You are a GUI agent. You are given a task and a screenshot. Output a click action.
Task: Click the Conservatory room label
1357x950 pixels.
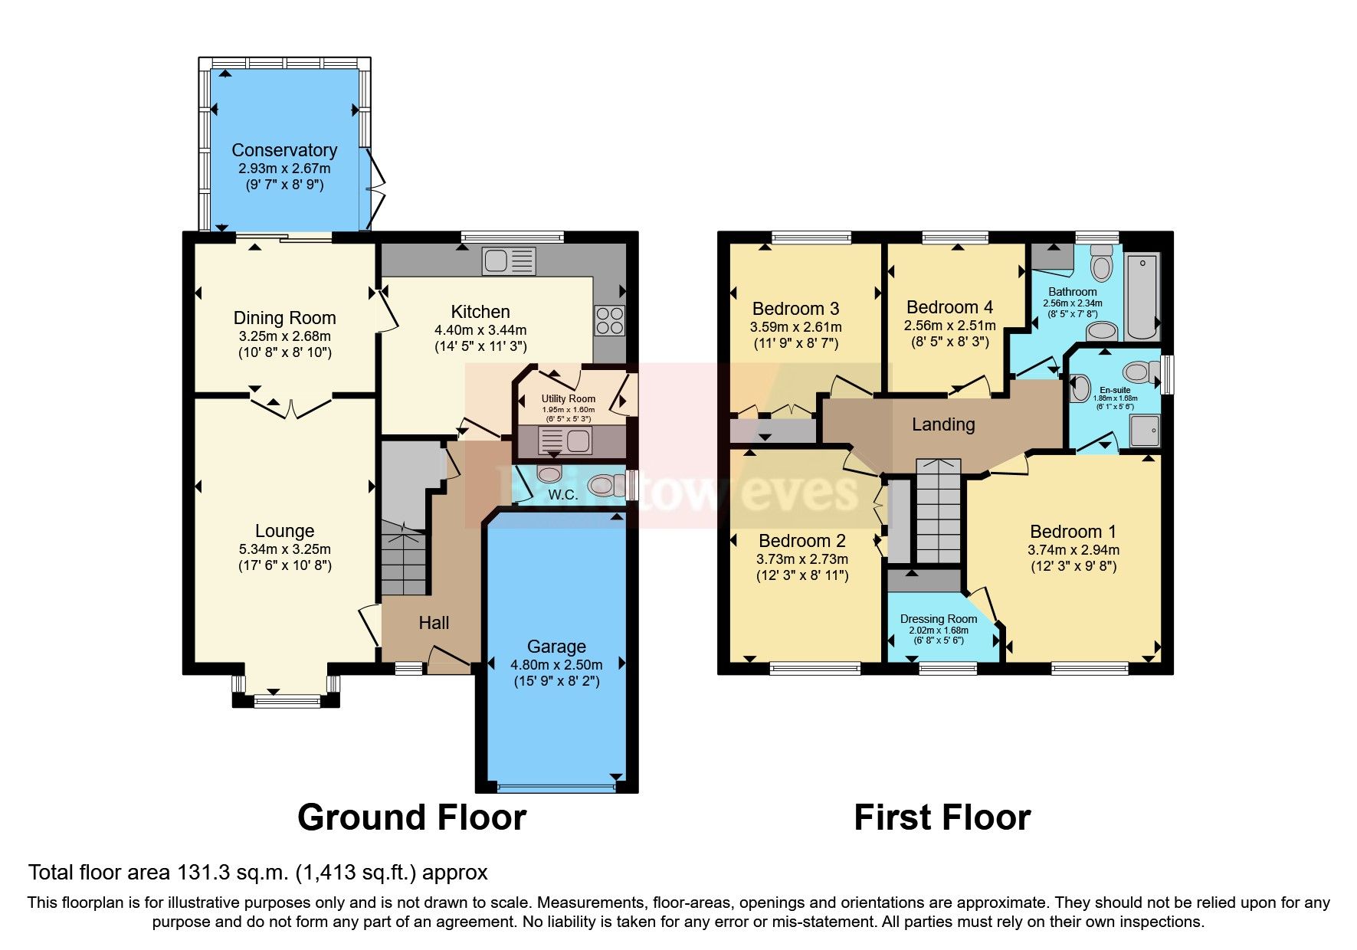tap(284, 150)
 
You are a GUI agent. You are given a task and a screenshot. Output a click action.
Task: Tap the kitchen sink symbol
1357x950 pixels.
tap(508, 260)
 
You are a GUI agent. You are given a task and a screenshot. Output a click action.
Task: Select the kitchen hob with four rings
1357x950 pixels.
tap(609, 320)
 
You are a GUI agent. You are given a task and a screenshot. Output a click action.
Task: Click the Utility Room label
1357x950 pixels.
tap(568, 398)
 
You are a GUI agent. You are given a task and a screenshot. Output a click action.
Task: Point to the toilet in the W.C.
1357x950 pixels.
tap(603, 485)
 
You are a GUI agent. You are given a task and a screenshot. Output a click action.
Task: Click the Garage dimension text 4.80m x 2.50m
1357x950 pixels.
tap(556, 664)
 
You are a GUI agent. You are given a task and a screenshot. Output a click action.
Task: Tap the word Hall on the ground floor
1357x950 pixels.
tap(434, 623)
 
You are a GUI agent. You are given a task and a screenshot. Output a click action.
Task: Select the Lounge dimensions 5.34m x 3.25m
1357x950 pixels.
tap(284, 549)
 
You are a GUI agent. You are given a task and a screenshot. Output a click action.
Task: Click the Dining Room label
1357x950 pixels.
tap(284, 318)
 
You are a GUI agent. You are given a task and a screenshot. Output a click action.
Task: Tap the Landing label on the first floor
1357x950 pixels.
tap(943, 424)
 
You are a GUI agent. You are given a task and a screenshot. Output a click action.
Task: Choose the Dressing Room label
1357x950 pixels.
tap(939, 619)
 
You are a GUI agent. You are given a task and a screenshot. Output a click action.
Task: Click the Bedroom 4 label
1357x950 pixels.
tap(949, 307)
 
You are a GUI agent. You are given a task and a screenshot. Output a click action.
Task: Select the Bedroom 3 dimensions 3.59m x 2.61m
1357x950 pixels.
tap(795, 326)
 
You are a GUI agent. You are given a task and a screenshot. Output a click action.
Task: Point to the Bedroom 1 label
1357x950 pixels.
tap(1073, 532)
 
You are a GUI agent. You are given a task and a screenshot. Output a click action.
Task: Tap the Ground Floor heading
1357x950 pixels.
tap(411, 817)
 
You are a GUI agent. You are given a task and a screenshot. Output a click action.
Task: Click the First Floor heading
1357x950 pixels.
tap(942, 817)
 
